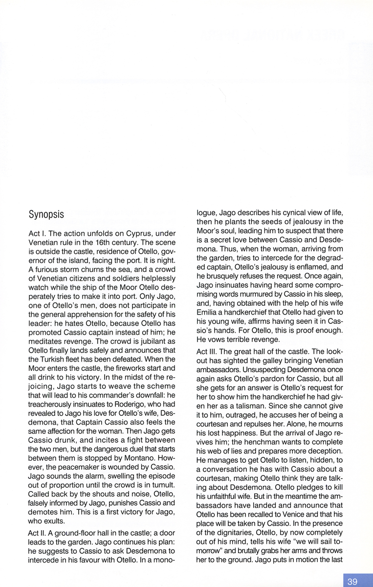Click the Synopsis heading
click(50, 215)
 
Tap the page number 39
click(352, 582)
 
